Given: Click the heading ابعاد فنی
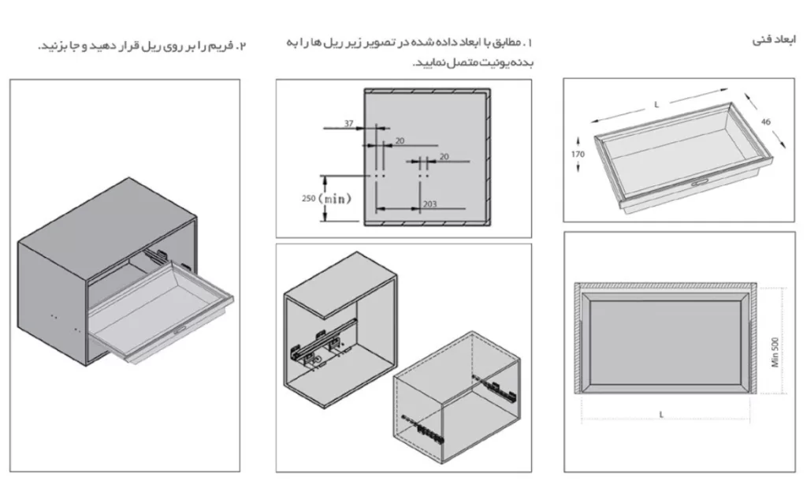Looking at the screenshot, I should [775, 39].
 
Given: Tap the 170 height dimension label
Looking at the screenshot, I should [578, 154].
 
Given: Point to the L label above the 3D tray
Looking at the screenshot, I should [656, 104].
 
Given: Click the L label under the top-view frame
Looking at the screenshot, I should [660, 414].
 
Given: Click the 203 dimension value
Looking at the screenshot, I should [430, 204].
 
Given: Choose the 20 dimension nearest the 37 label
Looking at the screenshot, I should [400, 140].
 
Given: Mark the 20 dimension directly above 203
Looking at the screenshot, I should [444, 156].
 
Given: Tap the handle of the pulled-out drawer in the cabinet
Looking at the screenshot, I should [180, 328].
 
